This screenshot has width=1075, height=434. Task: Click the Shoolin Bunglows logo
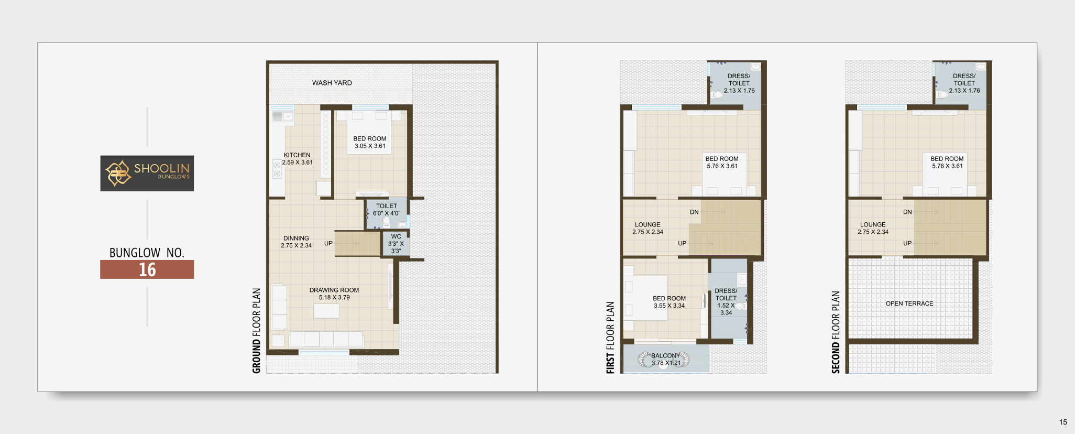(x=147, y=173)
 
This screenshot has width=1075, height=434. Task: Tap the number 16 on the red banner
(x=147, y=269)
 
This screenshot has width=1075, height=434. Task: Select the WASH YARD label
(x=332, y=83)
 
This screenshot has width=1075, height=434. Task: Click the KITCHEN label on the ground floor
(x=297, y=155)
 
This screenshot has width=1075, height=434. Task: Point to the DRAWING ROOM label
(x=334, y=290)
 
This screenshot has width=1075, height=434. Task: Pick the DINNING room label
(x=296, y=238)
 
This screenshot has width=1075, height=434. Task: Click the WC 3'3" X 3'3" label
(x=396, y=244)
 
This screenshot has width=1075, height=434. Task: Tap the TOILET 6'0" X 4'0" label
(x=387, y=210)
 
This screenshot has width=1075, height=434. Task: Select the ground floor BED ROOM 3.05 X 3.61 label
(x=370, y=143)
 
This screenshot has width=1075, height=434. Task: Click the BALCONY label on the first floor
(x=665, y=355)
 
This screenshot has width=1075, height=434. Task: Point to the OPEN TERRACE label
(x=909, y=303)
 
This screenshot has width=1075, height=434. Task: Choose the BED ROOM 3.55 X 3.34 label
(x=669, y=302)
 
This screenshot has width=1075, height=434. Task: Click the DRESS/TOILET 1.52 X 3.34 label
(x=726, y=301)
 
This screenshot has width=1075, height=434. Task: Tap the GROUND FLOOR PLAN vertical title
(x=257, y=331)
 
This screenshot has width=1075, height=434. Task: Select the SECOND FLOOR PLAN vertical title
(x=836, y=332)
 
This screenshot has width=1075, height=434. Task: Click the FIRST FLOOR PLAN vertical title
(x=610, y=338)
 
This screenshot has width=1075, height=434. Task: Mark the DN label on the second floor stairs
(x=907, y=212)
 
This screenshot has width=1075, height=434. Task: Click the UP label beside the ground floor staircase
(x=328, y=243)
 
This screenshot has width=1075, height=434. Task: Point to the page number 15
(x=1063, y=422)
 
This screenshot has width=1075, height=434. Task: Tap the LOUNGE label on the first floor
(x=648, y=224)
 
